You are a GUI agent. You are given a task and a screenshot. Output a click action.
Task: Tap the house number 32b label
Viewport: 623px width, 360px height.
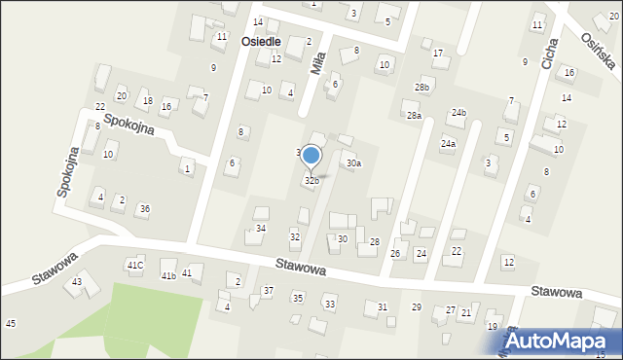pos(311,181)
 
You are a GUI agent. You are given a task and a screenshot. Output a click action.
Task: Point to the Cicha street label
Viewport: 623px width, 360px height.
pos(551,54)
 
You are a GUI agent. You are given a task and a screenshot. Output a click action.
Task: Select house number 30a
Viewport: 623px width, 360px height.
pos(353,163)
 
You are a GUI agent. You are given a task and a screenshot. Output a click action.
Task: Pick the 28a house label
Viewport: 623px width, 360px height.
pos(415,116)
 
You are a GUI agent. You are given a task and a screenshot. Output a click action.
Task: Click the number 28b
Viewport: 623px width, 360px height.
pos(421,88)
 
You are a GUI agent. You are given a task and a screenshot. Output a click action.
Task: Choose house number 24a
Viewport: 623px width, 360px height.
pos(448,144)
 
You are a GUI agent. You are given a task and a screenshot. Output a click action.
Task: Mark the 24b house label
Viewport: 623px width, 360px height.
pos(458,113)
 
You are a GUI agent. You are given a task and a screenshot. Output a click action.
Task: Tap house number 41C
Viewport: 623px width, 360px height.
pos(135,266)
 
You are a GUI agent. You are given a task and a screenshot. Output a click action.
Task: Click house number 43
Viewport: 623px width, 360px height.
pos(77,282)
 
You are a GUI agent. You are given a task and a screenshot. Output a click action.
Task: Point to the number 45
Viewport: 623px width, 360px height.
pos(10,323)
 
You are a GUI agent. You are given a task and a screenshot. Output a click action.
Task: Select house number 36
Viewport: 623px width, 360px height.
pos(144,209)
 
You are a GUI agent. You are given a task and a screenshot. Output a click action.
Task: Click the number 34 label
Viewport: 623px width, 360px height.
pos(261,229)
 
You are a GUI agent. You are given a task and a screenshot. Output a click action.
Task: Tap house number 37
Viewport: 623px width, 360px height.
pos(268,291)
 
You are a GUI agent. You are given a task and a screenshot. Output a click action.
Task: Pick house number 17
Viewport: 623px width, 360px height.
pos(438,53)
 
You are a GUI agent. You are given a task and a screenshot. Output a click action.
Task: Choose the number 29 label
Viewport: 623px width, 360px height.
pos(417,307)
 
